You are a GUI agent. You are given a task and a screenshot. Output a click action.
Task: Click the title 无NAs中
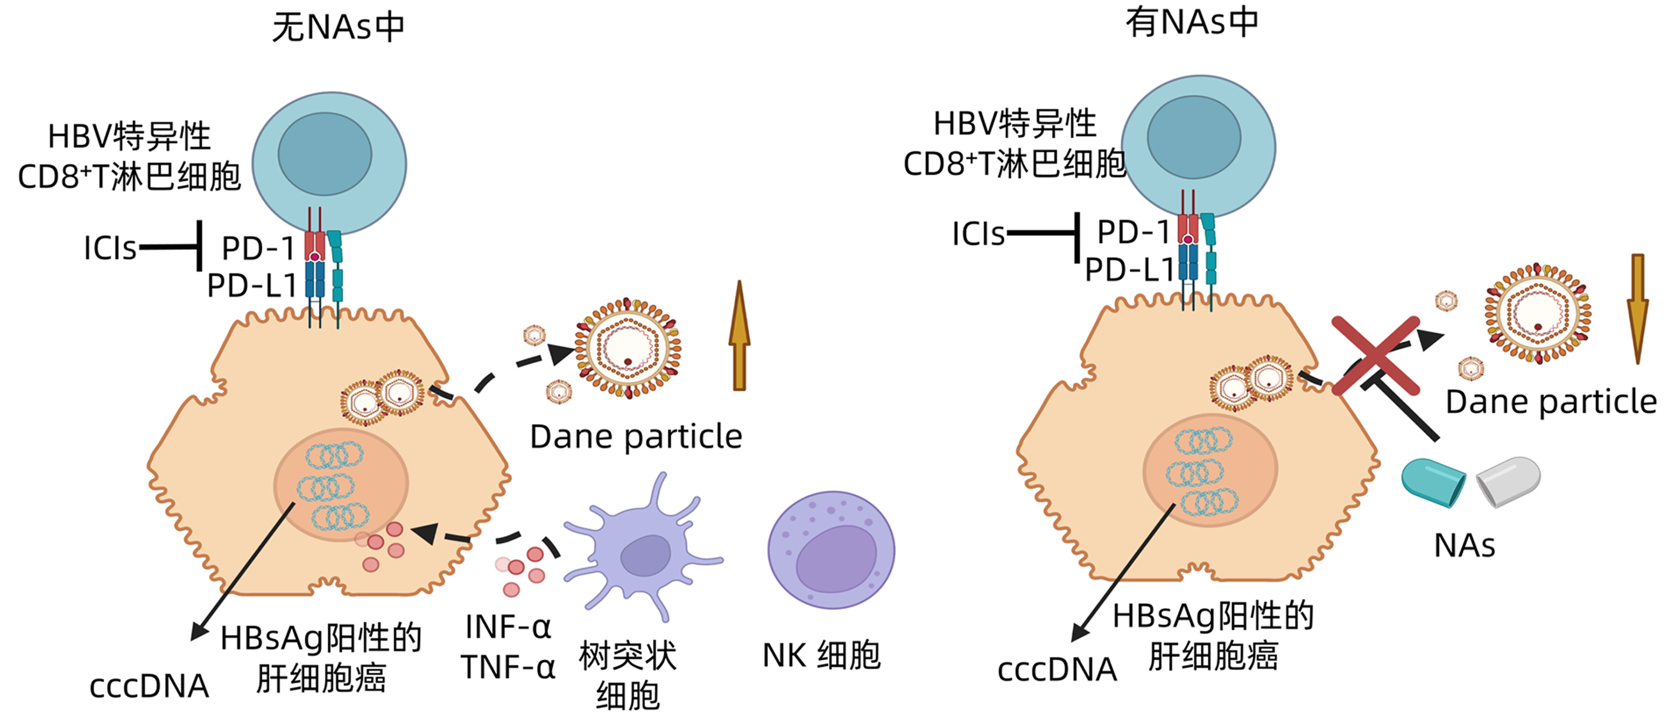click(x=338, y=27)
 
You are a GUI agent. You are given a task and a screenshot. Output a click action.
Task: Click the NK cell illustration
click(x=831, y=550)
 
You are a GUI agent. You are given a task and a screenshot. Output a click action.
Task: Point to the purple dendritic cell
click(x=641, y=550)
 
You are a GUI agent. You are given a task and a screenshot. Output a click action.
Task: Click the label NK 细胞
click(x=821, y=655)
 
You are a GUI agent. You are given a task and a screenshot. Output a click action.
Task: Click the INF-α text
click(x=508, y=627)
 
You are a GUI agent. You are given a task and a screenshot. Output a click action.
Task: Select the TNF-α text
click(x=508, y=666)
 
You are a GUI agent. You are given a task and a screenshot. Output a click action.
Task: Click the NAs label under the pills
click(x=1464, y=545)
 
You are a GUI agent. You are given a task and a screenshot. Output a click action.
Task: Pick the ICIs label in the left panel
click(x=110, y=248)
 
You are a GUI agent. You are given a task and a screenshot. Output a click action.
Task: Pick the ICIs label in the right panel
click(x=978, y=233)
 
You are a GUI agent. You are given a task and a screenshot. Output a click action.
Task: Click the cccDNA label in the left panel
click(x=149, y=686)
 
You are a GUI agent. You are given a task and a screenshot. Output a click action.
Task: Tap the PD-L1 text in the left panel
click(x=251, y=285)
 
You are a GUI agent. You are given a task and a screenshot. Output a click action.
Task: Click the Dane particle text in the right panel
click(x=1551, y=402)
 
